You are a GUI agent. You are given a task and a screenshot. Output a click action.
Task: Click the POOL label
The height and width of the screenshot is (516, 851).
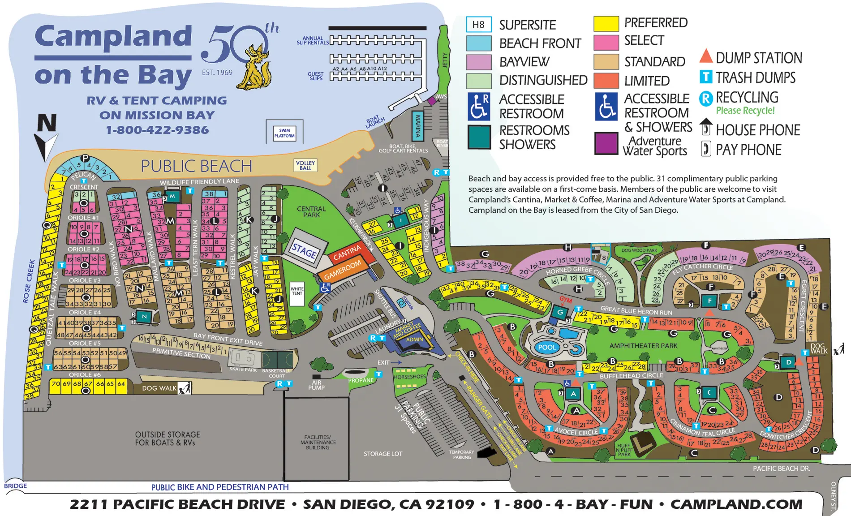(547, 347)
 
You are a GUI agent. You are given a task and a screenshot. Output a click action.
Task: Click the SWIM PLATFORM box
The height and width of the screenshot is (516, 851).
(284, 133)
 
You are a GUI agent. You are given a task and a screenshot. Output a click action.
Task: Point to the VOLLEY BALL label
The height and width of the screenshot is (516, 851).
(305, 165)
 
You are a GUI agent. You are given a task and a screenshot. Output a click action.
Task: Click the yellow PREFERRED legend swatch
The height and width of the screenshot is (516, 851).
(606, 23)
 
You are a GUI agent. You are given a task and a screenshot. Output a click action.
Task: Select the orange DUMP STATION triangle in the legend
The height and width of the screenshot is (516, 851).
(706, 56)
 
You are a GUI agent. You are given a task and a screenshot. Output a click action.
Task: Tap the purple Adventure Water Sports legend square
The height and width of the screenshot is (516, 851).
(606, 143)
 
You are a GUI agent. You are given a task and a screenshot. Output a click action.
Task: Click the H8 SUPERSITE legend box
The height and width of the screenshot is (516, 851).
(478, 25)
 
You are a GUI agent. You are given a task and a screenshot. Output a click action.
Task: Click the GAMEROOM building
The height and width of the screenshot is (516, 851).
(343, 270)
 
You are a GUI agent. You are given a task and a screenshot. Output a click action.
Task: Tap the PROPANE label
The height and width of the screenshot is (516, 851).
(361, 380)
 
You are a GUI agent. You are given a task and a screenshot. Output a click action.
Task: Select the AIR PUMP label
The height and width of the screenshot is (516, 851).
(316, 385)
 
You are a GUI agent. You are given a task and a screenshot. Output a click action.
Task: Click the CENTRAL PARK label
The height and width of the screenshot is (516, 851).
(311, 212)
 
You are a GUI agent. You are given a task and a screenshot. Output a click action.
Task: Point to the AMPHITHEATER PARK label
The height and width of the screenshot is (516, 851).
(643, 346)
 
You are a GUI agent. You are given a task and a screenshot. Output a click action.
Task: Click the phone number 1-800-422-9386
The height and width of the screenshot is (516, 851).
(157, 130)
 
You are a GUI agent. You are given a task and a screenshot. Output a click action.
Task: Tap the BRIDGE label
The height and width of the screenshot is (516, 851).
(15, 486)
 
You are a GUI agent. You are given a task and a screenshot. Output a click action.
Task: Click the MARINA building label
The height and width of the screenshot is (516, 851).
(418, 126)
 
